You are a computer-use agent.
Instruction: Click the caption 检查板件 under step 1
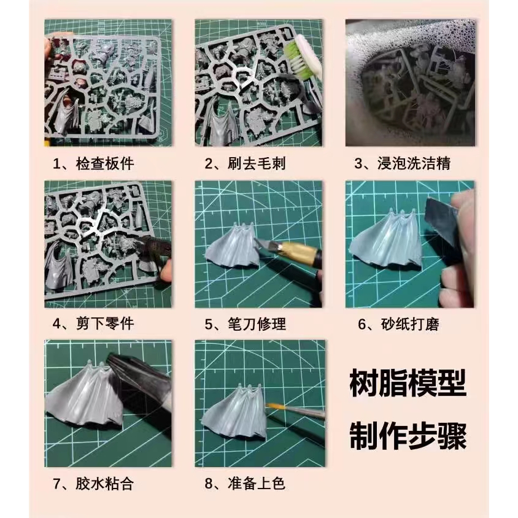105,164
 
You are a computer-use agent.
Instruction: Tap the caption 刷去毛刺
257,164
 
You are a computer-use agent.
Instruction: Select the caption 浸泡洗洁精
414,164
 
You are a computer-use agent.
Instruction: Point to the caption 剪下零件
105,323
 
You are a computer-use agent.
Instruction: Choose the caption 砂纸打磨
410,324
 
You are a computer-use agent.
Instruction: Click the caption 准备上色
257,484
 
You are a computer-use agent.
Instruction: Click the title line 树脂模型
408,383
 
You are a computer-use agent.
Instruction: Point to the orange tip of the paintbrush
271,406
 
